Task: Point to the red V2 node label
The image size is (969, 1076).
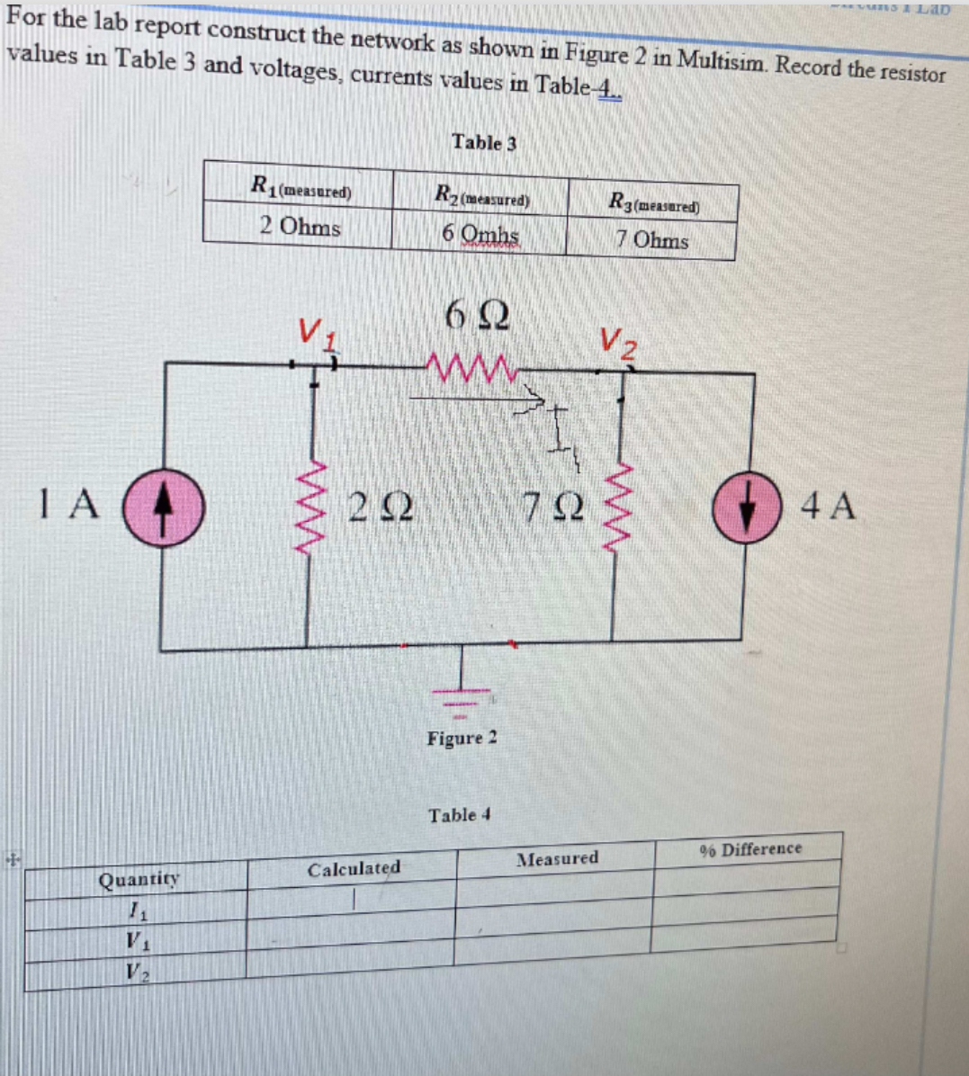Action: (618, 342)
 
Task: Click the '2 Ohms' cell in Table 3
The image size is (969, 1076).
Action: (300, 226)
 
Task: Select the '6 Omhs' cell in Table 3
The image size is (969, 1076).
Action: (480, 233)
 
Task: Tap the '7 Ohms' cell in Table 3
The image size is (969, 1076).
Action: (651, 240)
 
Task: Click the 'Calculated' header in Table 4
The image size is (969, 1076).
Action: (354, 869)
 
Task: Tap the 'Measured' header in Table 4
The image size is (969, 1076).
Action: (557, 859)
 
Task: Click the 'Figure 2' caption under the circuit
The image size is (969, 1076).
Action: (462, 739)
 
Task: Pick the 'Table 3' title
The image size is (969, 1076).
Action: (484, 142)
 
